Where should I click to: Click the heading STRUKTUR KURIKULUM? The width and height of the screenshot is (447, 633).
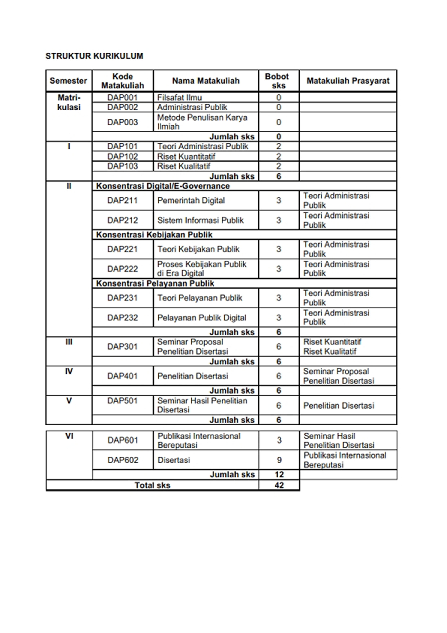tap(94, 56)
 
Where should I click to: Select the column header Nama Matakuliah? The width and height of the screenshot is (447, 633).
tap(206, 81)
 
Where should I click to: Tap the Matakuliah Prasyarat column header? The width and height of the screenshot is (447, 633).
tap(348, 81)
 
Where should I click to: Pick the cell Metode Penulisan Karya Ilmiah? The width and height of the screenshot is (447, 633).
tap(202, 122)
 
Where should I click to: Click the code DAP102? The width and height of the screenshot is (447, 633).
tap(122, 156)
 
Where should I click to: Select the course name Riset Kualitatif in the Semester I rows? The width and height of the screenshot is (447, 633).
tap(183, 166)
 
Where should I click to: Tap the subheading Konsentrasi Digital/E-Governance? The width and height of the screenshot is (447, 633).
tap(163, 186)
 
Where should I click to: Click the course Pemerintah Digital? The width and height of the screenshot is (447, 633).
tap(191, 200)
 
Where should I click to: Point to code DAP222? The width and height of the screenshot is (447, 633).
tap(122, 269)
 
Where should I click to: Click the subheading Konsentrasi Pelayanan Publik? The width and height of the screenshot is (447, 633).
tap(155, 283)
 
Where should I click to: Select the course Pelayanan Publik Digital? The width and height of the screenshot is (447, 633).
tap(202, 318)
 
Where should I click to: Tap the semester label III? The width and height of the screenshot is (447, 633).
tap(69, 342)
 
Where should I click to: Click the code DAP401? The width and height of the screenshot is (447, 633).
tap(122, 376)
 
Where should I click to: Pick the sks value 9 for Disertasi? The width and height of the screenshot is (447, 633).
tap(279, 460)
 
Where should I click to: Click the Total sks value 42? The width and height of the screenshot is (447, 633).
tap(279, 485)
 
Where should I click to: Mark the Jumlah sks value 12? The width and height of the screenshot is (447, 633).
tap(279, 474)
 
